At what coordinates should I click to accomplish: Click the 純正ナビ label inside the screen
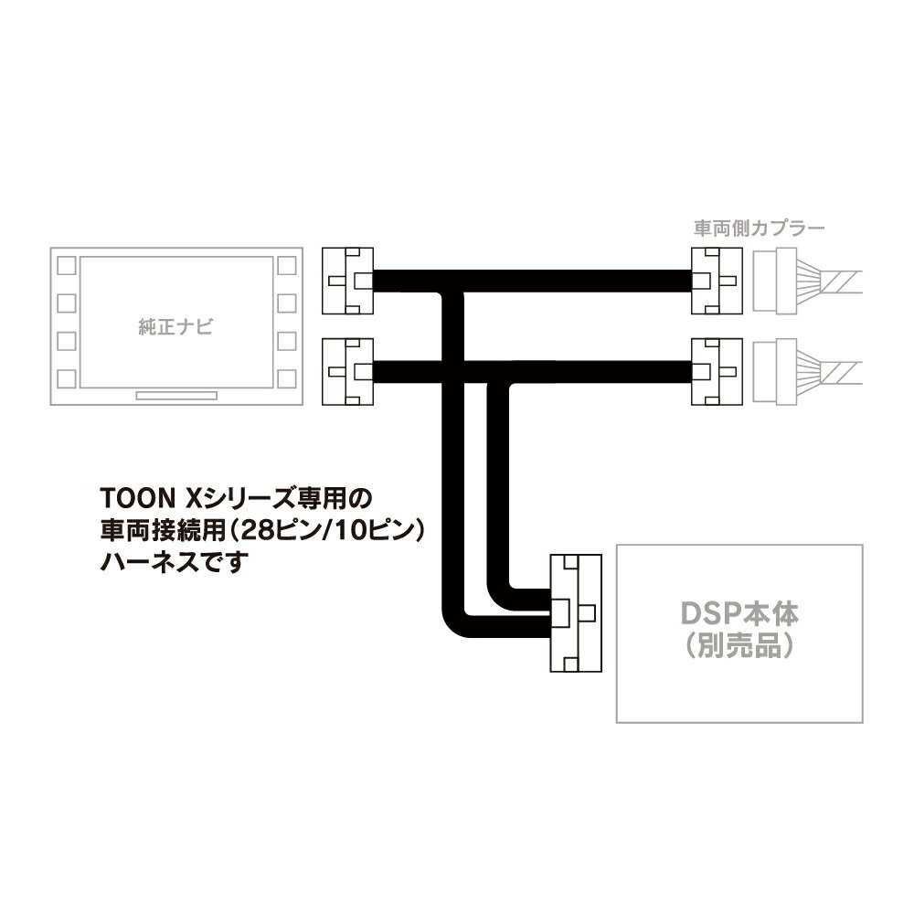point(175,326)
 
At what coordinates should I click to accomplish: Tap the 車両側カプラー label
point(759,228)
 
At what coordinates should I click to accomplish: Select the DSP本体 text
point(739,613)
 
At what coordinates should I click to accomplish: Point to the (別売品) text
point(739,645)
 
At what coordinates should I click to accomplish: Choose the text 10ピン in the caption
point(381,530)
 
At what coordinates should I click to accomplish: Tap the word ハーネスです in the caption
point(175,562)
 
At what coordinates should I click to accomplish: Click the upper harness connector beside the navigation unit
point(348,281)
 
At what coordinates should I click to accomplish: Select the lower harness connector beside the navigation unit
point(348,372)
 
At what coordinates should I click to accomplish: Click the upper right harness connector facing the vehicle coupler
point(717,281)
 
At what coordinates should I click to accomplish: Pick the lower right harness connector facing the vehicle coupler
point(717,372)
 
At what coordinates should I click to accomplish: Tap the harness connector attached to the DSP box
point(576,612)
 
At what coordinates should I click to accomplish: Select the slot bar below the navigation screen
point(176,396)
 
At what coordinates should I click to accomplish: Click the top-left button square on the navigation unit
point(67,266)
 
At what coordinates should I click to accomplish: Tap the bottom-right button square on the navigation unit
point(286,378)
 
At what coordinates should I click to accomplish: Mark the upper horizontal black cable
point(532,281)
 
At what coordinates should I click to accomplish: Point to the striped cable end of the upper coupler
point(841,282)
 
